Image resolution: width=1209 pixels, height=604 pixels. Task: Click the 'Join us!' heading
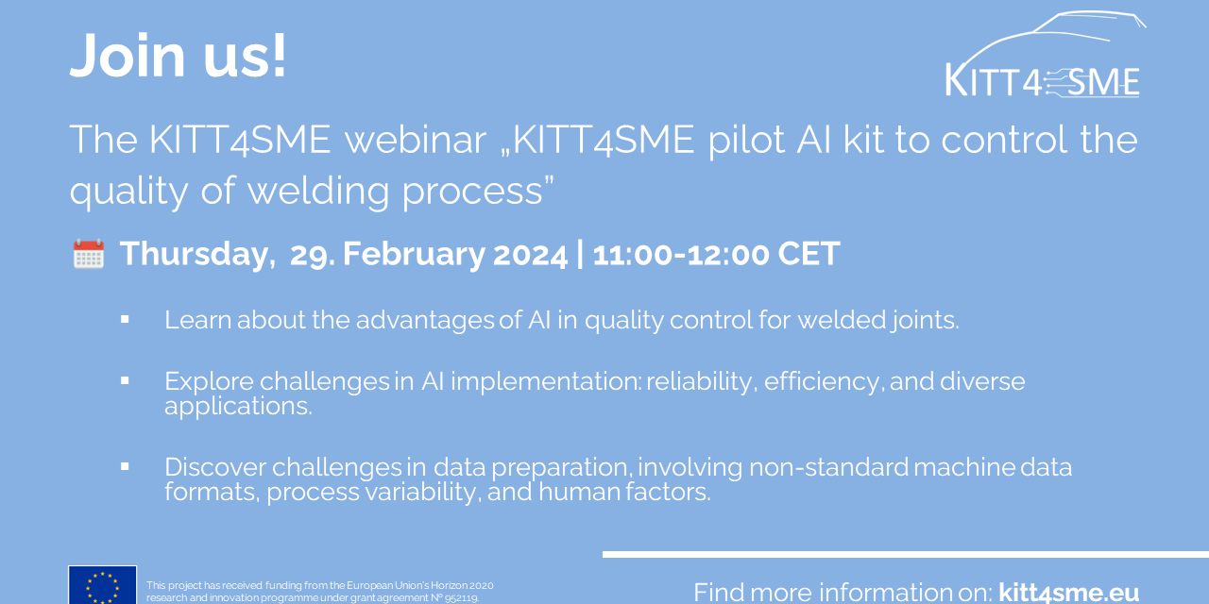click(x=179, y=56)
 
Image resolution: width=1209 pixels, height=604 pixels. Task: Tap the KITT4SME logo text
click(x=1042, y=82)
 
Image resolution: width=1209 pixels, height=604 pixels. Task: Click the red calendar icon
click(x=89, y=254)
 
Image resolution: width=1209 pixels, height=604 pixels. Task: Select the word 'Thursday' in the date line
click(x=195, y=255)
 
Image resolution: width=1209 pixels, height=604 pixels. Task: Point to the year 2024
click(x=530, y=254)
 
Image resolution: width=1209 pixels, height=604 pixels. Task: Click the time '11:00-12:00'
click(x=681, y=254)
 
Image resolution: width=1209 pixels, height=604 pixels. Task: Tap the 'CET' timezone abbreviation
click(x=809, y=254)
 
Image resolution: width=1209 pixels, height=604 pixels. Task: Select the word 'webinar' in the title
click(x=415, y=140)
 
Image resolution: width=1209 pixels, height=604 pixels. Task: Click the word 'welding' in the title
click(x=318, y=192)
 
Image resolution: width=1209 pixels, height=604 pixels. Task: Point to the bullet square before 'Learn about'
click(x=125, y=319)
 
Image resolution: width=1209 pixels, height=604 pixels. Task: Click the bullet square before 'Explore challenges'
click(x=125, y=380)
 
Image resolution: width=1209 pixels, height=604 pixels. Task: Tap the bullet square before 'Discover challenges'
click(x=125, y=466)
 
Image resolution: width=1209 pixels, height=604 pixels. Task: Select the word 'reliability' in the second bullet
click(x=699, y=382)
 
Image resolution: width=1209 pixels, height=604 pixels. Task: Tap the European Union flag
click(x=103, y=584)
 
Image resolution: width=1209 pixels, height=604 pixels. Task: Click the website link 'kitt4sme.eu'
click(x=1068, y=593)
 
